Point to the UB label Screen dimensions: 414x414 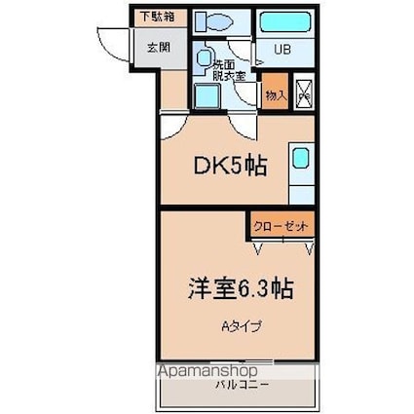coord(281,50)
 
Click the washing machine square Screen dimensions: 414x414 coord(206,96)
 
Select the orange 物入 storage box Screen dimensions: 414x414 coord(276,94)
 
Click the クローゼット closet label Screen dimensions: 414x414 coord(281,226)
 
